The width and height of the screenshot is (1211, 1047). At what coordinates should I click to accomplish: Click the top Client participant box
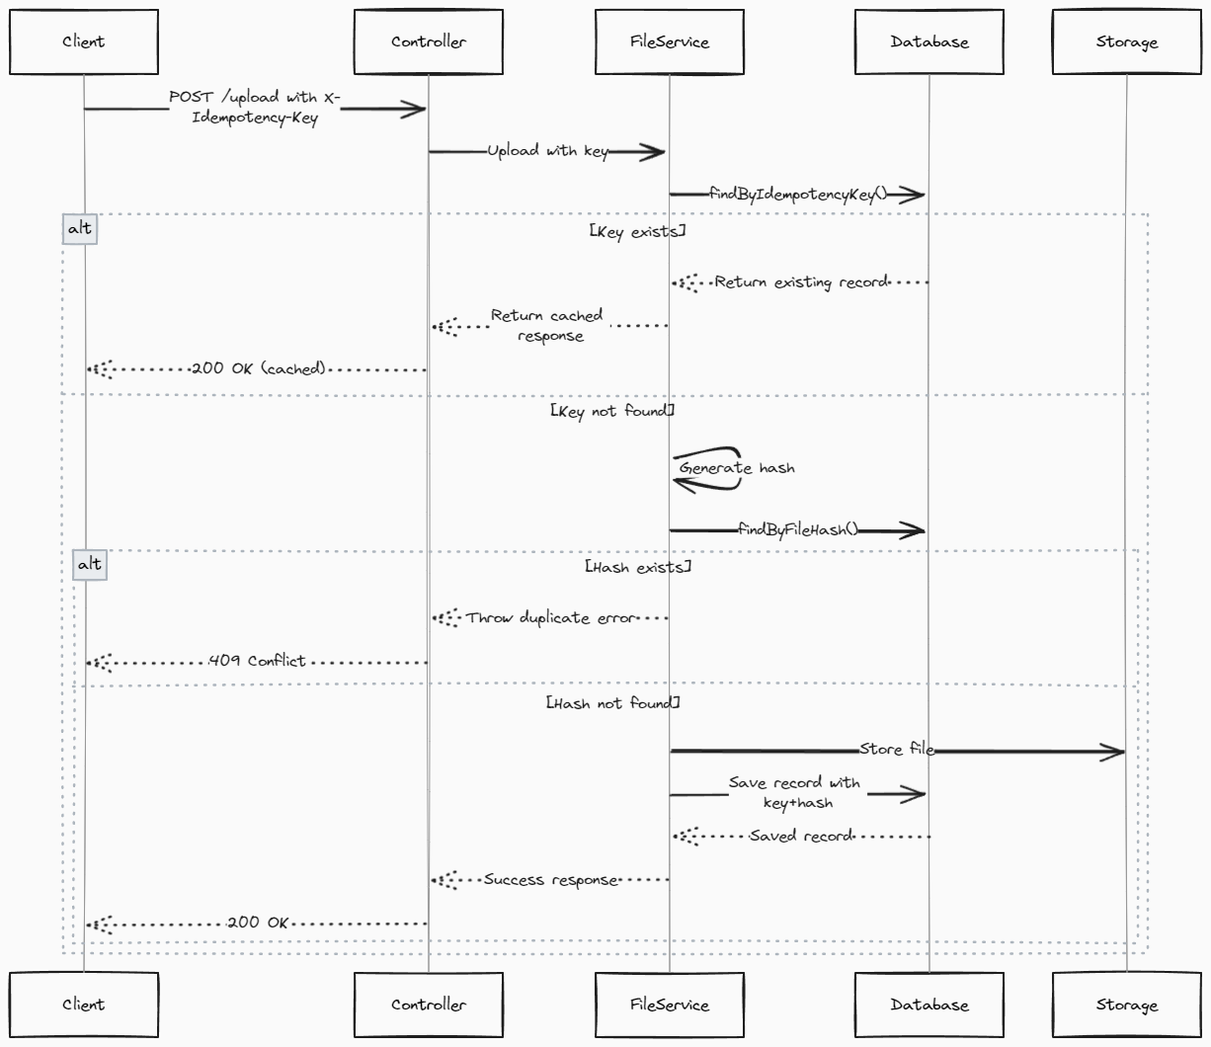(84, 42)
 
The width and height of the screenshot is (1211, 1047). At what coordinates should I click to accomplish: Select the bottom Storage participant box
(1126, 1005)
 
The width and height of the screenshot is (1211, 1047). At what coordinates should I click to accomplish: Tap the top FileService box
(669, 42)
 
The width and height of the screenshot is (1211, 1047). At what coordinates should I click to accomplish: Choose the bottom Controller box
(428, 1005)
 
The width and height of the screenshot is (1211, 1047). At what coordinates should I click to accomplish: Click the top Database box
(928, 42)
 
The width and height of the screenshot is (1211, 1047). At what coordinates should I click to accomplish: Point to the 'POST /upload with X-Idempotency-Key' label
(255, 107)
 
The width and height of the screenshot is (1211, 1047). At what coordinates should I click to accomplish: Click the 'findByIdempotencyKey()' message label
(798, 195)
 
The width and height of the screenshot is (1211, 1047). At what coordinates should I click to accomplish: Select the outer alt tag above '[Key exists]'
(80, 228)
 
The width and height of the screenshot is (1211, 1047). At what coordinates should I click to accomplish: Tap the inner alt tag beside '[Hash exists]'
(90, 564)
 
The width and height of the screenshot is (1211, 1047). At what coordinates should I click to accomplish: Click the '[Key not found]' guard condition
(612, 411)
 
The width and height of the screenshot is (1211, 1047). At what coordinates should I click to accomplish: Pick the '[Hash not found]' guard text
(612, 703)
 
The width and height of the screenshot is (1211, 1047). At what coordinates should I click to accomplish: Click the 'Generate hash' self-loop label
(737, 468)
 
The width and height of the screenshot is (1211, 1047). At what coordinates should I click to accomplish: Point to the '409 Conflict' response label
(257, 661)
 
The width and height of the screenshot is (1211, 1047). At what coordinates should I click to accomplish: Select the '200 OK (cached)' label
(259, 368)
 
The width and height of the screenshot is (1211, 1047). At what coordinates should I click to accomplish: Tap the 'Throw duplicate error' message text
(550, 618)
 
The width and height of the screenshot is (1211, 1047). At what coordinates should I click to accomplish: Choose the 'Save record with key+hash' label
(796, 792)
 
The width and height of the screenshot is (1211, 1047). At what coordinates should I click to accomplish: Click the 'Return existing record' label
(801, 282)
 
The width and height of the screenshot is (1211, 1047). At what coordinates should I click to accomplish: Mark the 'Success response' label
(550, 880)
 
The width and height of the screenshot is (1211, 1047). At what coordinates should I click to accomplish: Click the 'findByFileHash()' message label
(798, 530)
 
